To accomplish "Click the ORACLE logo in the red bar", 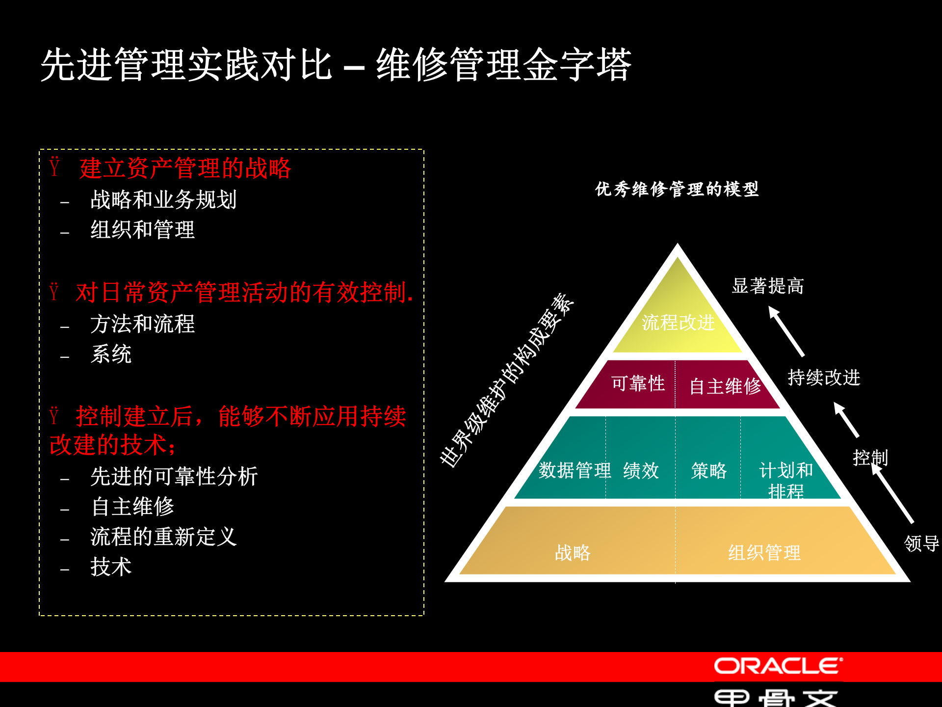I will click(778, 666).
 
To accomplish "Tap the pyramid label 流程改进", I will click(678, 323).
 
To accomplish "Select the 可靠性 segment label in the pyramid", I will click(638, 383).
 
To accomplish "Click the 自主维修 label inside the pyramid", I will click(725, 386).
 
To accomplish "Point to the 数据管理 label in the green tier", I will click(575, 470).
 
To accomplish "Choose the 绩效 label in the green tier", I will click(641, 471).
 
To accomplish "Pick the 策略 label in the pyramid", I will click(708, 471).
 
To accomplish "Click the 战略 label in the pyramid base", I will click(573, 553).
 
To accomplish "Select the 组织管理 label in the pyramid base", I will click(764, 553).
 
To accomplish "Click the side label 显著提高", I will click(767, 286).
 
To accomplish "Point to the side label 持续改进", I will click(824, 378).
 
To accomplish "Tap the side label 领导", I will click(921, 544).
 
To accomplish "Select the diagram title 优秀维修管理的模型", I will click(677, 189).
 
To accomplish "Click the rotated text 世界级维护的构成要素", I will click(507, 381).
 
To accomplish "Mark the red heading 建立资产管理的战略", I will click(185, 168).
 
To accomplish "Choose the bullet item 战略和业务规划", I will click(163, 200).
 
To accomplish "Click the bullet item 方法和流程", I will click(142, 324).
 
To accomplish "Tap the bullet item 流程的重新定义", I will click(163, 537).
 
